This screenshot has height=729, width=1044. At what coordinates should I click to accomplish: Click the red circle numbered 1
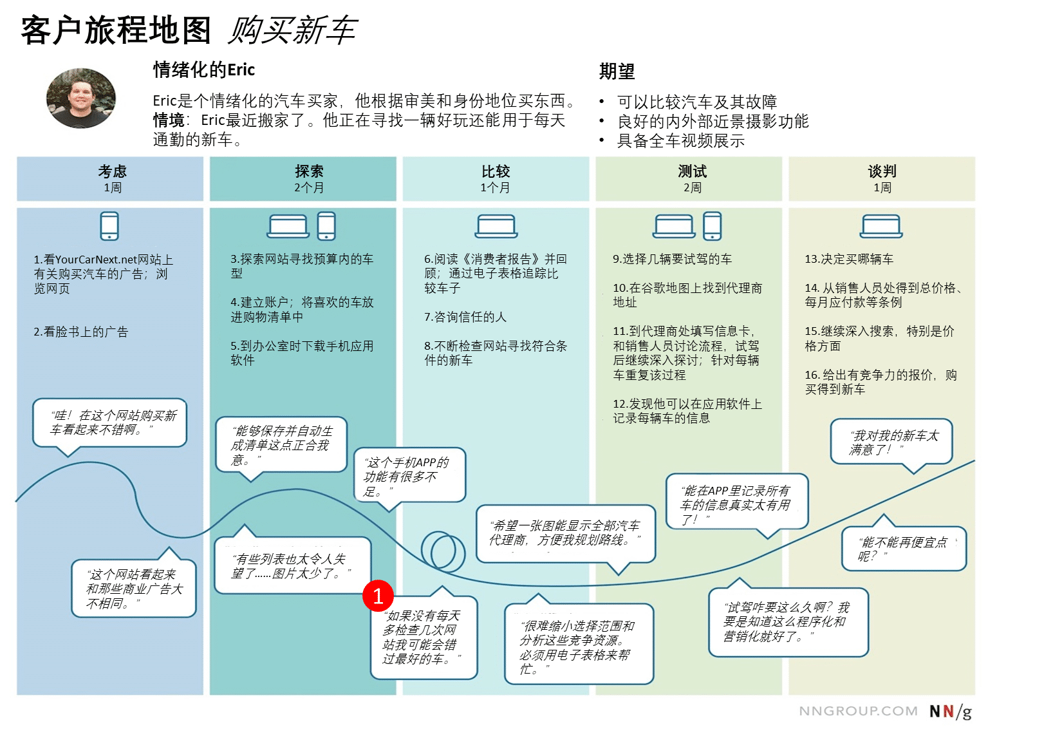(378, 596)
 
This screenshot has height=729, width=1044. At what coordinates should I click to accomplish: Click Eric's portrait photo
(80, 98)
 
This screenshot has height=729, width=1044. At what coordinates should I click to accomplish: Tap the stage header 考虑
(112, 171)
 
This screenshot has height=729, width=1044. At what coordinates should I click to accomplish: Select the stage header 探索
(308, 171)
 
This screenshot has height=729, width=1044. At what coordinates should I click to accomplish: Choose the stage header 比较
(496, 171)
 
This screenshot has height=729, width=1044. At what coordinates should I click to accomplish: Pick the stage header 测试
(692, 171)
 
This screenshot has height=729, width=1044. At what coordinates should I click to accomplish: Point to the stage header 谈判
(882, 171)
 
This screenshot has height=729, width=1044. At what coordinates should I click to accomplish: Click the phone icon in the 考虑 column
(109, 226)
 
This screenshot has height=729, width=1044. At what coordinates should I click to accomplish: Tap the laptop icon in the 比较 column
(496, 226)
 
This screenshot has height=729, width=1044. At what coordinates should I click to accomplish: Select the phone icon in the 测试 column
(712, 226)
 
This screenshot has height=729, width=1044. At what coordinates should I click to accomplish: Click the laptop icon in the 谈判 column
(881, 226)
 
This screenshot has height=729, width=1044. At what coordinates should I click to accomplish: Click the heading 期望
(617, 72)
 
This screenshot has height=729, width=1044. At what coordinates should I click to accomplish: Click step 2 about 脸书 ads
(80, 332)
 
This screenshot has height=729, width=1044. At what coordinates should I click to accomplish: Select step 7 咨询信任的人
(465, 317)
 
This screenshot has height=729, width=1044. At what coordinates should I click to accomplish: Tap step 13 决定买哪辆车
(849, 259)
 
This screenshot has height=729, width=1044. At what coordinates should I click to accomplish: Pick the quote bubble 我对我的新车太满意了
(891, 442)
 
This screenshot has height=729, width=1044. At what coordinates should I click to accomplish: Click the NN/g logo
(950, 711)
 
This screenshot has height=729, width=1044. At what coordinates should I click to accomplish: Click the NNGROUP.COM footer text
(858, 711)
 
